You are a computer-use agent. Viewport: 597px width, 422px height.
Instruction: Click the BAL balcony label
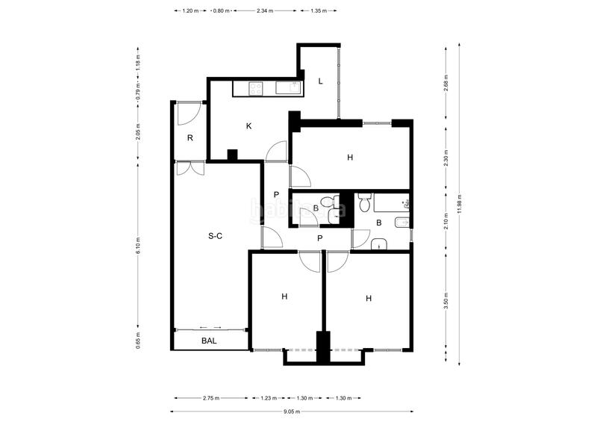(210, 341)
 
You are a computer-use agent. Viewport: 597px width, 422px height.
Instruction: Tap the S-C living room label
(215, 236)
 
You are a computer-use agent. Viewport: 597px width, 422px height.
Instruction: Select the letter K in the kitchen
(249, 126)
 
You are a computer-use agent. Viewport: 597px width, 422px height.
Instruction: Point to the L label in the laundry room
(320, 81)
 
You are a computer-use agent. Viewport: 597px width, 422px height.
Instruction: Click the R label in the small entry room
(190, 138)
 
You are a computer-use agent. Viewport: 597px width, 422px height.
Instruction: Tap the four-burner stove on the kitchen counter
(255, 89)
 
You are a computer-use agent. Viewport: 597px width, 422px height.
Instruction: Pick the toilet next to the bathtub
(365, 202)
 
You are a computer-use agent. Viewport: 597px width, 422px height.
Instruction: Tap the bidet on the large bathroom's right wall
(401, 221)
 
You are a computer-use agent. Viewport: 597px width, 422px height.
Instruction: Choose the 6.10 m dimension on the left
(138, 246)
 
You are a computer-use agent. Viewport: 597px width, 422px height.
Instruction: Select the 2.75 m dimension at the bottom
(211, 398)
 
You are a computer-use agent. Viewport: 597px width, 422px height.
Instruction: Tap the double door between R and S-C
(190, 167)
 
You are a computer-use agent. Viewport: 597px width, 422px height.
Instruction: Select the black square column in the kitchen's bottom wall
(232, 155)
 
